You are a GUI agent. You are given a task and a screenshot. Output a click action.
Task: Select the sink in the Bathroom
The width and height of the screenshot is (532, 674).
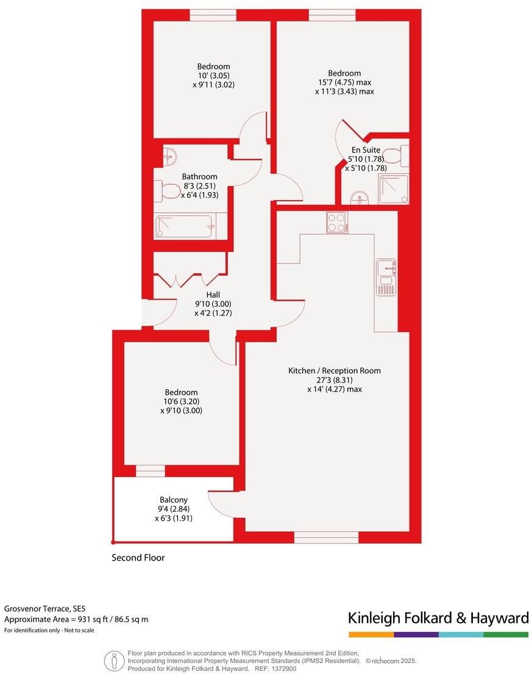tap(169, 157)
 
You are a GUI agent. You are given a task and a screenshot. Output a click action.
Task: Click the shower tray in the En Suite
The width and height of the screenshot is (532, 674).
tap(393, 189)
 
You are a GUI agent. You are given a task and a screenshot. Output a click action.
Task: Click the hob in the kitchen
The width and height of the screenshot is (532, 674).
tap(337, 222)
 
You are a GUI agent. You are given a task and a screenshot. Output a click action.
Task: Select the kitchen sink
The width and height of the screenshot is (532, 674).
tap(386, 268)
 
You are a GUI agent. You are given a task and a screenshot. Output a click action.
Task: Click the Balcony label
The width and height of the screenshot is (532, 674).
tap(173, 499)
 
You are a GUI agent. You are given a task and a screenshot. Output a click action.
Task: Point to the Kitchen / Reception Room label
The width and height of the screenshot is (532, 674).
tap(335, 370)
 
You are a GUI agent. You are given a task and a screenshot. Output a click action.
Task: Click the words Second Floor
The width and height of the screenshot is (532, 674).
tap(138, 557)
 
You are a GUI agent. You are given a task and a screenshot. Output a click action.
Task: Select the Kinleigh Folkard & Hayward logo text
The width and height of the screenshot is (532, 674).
tap(438, 618)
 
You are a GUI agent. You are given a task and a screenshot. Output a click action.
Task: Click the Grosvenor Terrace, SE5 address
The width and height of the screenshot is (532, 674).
tap(45, 609)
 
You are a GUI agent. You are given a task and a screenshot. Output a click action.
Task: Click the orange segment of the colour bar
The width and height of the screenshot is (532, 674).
tap(371, 635)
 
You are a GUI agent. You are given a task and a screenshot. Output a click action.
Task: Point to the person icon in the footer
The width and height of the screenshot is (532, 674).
tap(113, 661)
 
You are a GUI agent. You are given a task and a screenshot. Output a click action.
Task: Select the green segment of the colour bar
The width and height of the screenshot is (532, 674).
tap(506, 635)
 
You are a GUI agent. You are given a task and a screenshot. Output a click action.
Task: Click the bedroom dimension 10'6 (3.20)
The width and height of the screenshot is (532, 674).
tap(182, 401)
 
